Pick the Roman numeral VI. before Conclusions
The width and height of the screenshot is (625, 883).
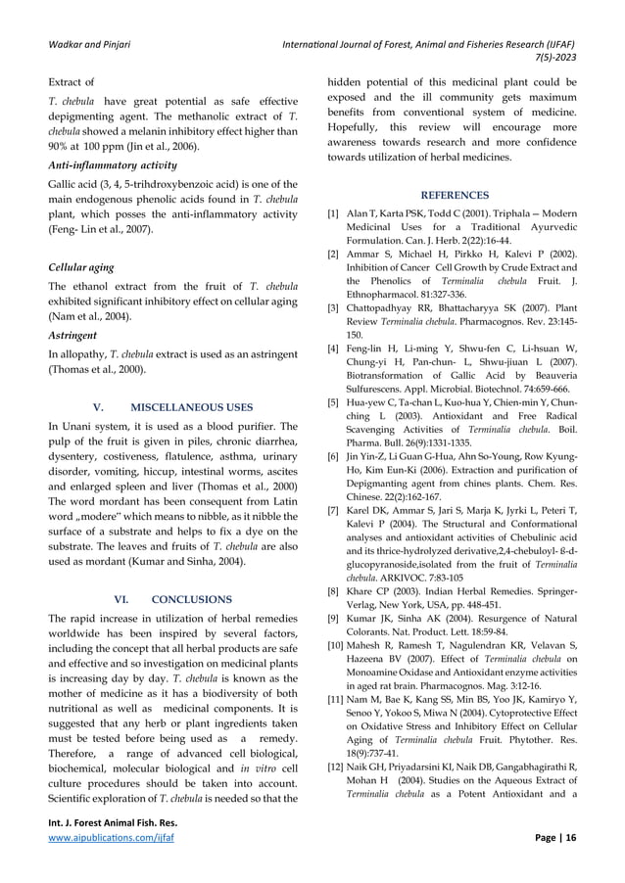(x=122, y=598)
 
